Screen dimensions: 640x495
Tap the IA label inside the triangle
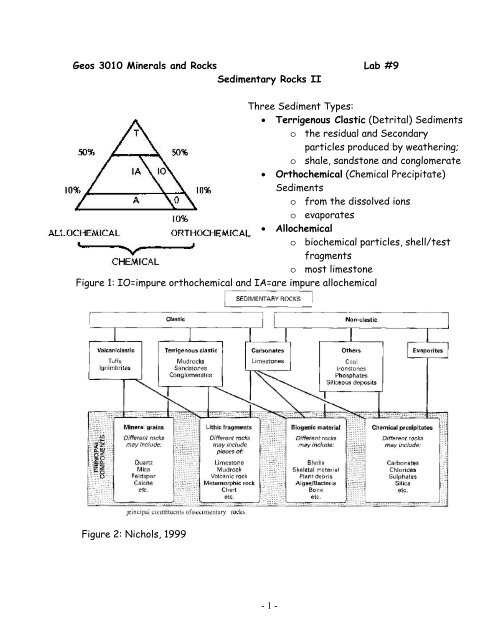click(117, 171)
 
